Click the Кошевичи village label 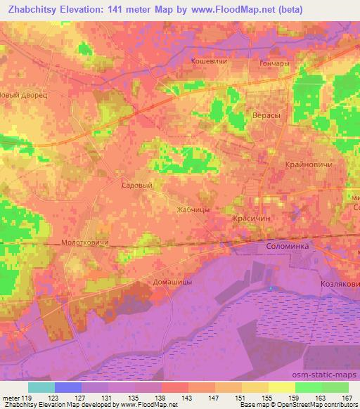[208, 62]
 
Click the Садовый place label [137, 185]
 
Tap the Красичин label [252, 219]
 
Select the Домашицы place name [172, 281]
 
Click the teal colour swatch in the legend [41, 387]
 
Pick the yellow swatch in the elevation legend [281, 387]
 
